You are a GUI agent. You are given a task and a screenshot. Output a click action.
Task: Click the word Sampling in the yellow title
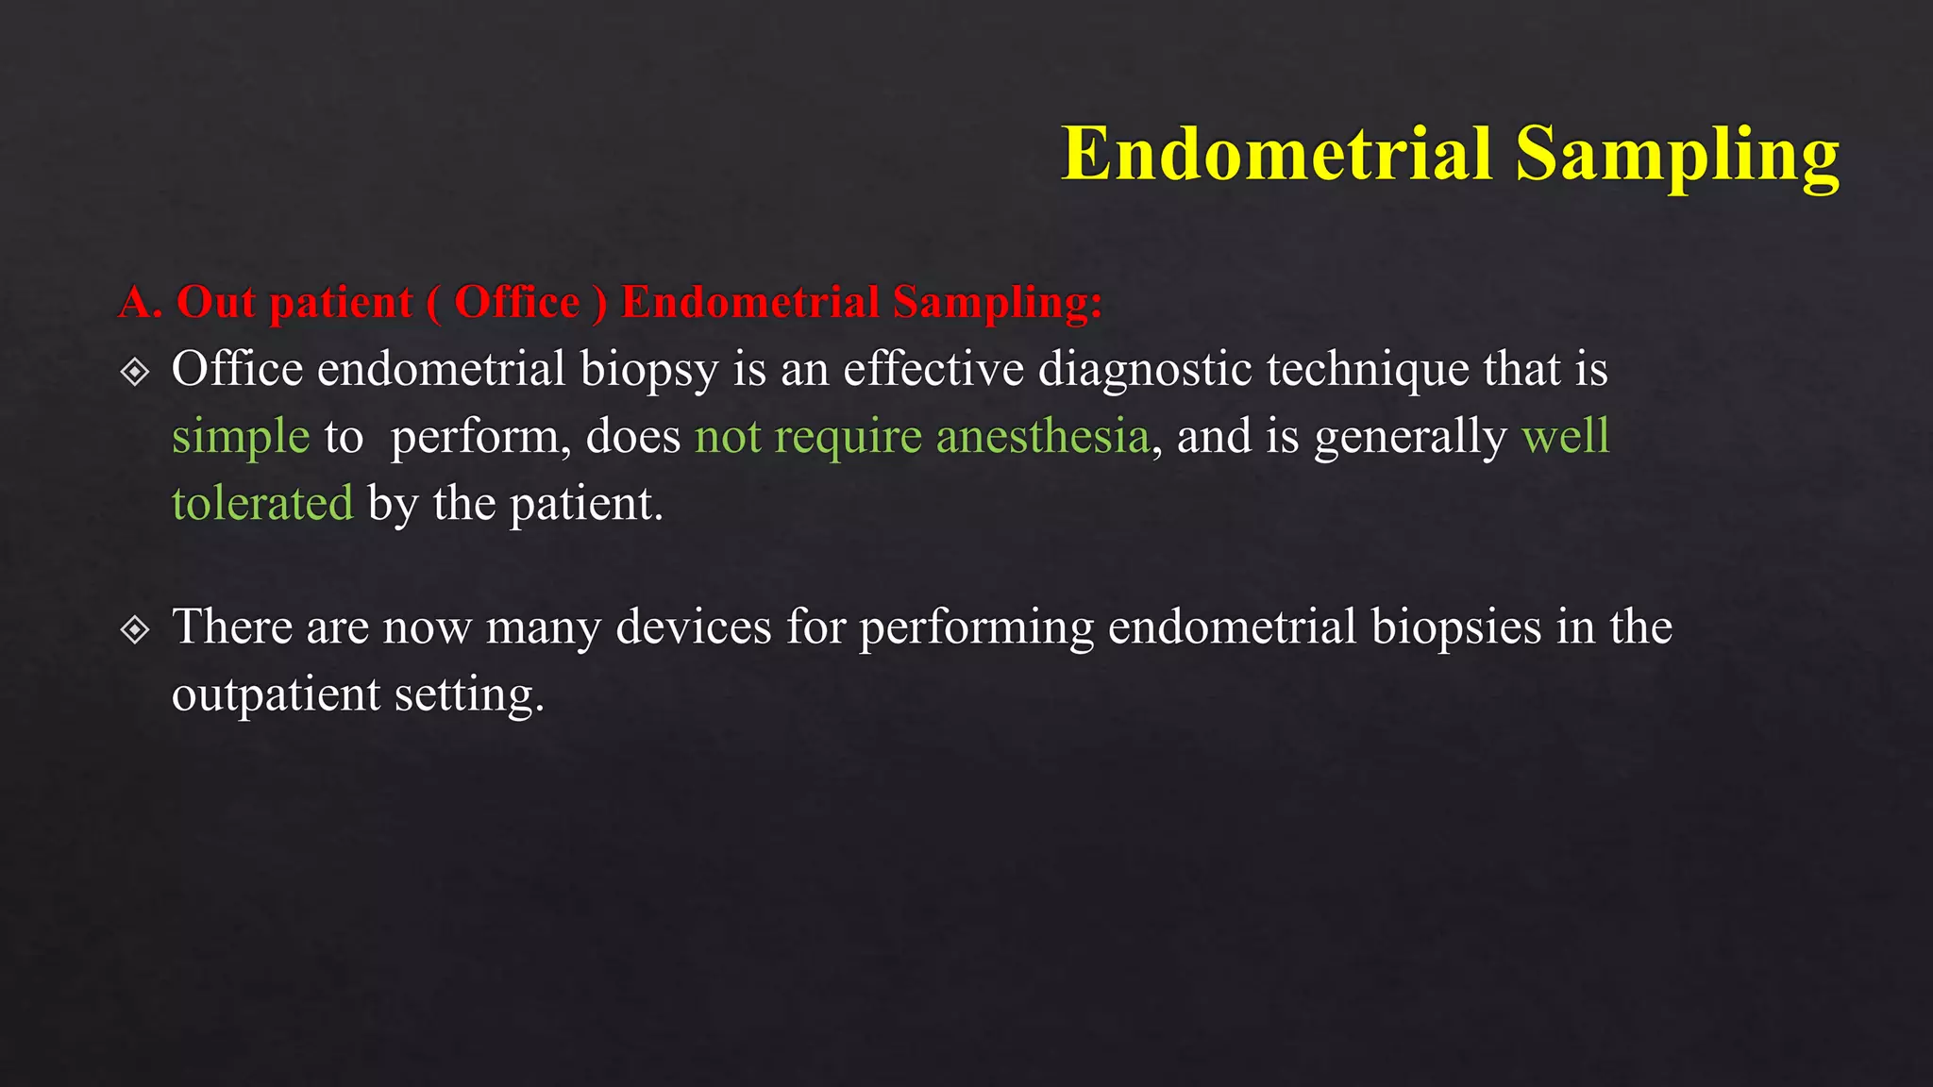pos(1677,155)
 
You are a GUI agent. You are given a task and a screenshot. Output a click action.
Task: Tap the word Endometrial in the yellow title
pos(1277,153)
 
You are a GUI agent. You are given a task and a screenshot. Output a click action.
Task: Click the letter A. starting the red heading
pos(140,303)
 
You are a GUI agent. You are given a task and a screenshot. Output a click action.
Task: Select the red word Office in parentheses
pos(517,303)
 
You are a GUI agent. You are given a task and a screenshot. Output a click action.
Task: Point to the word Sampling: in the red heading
pos(998,303)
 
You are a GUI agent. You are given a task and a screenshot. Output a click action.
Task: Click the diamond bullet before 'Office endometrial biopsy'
pos(136,372)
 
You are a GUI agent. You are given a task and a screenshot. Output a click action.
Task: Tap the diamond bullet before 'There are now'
pos(136,629)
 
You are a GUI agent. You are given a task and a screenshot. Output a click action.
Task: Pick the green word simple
pos(241,437)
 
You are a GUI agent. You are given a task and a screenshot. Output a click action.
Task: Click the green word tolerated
pos(262,503)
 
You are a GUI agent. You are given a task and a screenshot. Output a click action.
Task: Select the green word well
pos(1565,437)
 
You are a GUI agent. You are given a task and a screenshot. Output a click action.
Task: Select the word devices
pos(694,627)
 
